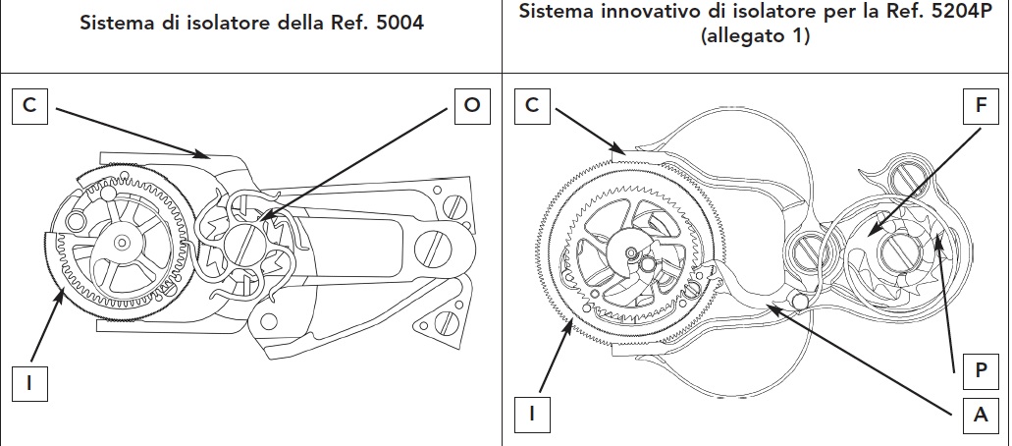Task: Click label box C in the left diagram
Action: [x=29, y=106]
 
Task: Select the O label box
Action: [x=472, y=106]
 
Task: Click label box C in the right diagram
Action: [x=531, y=106]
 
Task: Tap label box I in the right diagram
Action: [x=531, y=415]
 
